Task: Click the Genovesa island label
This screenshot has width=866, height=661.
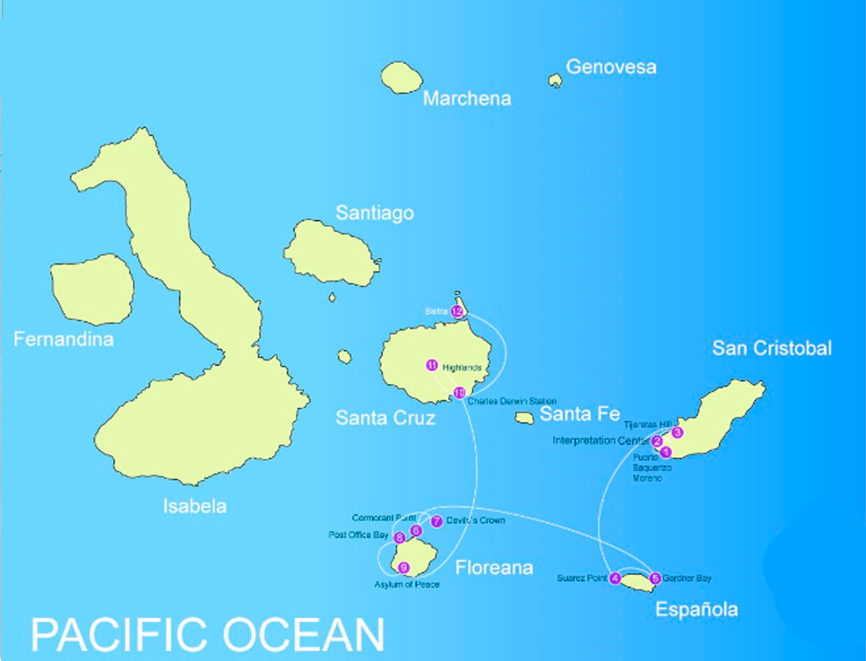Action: coord(611,67)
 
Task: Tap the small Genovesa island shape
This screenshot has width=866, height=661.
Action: coord(556,81)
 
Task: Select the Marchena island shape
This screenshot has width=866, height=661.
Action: coord(402,77)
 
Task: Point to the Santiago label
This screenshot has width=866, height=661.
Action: coord(375,213)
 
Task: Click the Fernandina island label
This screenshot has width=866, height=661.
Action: coord(64,339)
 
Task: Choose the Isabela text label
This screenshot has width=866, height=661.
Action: coord(195,506)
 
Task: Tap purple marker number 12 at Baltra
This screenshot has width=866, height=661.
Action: coord(457,311)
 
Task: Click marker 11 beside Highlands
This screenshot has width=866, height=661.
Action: coord(432,365)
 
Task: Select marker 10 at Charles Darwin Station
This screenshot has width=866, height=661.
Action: coord(459,393)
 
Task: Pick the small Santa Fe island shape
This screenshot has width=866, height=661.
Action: coord(525,418)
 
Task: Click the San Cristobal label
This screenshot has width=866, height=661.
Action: coord(772,348)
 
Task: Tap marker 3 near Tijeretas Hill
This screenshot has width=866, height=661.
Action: coord(678,432)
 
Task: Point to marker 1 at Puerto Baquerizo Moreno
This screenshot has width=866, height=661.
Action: coord(665,451)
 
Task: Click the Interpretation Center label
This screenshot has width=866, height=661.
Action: coord(601,440)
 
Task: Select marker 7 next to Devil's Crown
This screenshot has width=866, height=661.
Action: coord(437,521)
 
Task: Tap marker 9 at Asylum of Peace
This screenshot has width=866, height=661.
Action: coord(403,568)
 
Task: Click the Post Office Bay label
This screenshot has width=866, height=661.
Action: coord(359,535)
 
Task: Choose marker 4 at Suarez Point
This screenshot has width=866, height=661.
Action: coord(615,578)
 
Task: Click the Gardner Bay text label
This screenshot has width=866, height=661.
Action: coord(688,578)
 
